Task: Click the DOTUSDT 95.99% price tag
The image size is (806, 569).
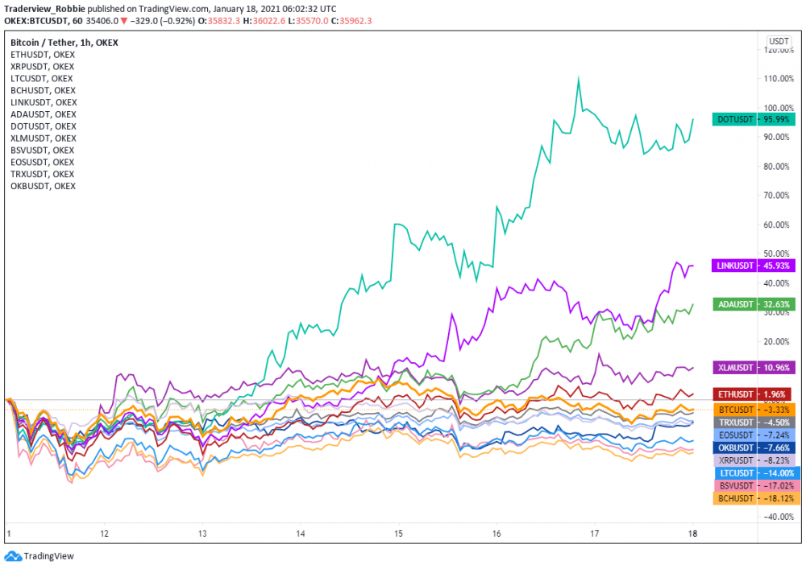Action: point(754,119)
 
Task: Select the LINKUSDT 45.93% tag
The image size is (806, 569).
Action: point(754,266)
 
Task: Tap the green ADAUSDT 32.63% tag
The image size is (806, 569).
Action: point(754,304)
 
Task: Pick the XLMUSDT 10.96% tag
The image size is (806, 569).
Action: point(754,367)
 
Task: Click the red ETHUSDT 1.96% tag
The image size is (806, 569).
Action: point(754,394)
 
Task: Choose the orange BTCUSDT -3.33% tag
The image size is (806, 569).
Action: point(754,410)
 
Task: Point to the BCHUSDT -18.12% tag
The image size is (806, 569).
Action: point(754,498)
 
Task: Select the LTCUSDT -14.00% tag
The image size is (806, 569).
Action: point(754,473)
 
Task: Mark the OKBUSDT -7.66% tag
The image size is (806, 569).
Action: point(754,447)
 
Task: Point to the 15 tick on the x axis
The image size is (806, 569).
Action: point(398,534)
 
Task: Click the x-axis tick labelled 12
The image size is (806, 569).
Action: point(104,534)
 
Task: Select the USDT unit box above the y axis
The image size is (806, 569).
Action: point(779,40)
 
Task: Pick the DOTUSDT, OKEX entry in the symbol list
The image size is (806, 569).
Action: point(44,126)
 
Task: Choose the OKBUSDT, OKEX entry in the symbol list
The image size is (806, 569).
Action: point(43,186)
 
